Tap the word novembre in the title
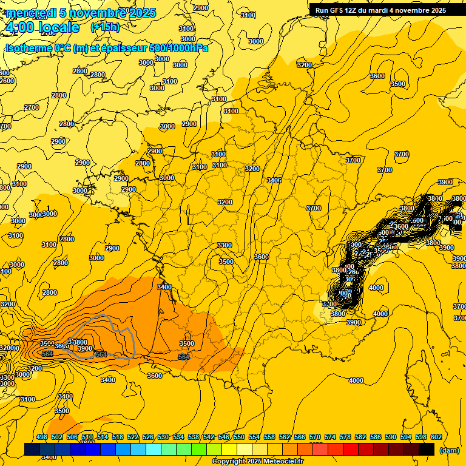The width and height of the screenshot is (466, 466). click(96, 13)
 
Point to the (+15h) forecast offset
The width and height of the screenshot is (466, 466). click(105, 27)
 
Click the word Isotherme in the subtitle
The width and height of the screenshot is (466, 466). click(29, 48)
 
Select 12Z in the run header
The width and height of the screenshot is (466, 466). click(357, 10)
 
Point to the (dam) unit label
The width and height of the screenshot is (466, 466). click(449, 450)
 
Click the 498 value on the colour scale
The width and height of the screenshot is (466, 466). click(42, 437)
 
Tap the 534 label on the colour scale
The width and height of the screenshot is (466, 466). click(178, 437)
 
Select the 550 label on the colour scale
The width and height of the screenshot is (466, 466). click(239, 437)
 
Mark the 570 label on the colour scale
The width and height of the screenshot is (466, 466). click(315, 437)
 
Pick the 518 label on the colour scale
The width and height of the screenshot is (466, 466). click(118, 437)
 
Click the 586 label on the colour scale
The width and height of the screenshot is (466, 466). click(376, 437)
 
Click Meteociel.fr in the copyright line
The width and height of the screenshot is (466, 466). click(282, 462)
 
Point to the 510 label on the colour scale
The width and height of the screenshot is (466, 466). click(87, 437)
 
